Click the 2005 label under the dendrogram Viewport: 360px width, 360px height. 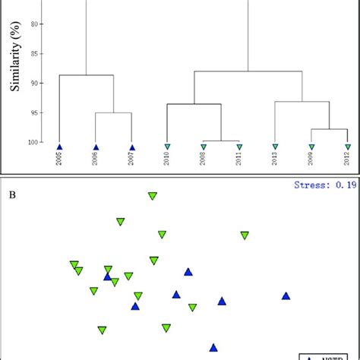tap(60, 158)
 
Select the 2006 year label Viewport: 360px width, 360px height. tap(96, 158)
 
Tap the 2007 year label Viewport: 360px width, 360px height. tap(132, 158)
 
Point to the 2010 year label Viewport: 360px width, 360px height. tap(168, 158)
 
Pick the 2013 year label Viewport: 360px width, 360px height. tap(276, 158)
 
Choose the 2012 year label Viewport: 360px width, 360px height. tap(348, 158)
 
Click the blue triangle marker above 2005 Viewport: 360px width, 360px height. tap(60, 147)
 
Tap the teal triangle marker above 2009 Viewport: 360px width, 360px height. tap(311, 147)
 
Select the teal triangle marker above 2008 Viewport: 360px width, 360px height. tap(204, 147)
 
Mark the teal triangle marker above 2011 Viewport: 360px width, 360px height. tap(239, 147)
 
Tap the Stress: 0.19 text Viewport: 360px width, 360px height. tap(324, 185)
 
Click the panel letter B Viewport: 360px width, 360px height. tap(13, 194)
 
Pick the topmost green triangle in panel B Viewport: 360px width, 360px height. tap(153, 196)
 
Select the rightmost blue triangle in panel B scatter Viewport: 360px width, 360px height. tap(286, 296)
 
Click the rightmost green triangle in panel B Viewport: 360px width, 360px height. tap(245, 235)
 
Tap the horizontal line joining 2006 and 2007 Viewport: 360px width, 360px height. tap(113, 112)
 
